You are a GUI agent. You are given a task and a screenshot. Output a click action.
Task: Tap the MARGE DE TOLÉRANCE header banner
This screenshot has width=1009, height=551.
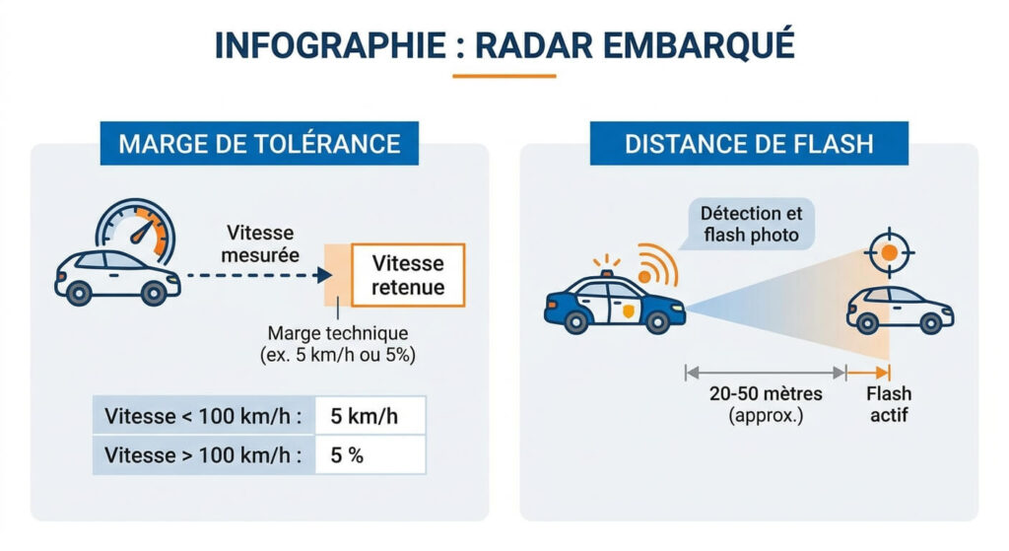259,144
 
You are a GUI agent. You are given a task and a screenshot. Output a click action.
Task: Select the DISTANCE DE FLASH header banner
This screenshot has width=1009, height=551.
748,144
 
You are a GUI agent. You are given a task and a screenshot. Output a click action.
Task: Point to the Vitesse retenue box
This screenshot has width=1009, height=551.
408,275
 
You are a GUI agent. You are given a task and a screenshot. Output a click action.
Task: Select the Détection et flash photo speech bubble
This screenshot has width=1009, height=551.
751,224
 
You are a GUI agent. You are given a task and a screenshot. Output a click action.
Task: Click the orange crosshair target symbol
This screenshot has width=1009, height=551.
889,252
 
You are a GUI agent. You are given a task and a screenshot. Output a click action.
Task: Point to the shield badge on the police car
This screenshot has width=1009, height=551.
628,312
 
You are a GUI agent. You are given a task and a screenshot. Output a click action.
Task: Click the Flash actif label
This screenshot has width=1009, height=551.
888,404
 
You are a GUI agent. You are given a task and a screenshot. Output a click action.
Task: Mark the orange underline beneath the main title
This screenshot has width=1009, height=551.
504,75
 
